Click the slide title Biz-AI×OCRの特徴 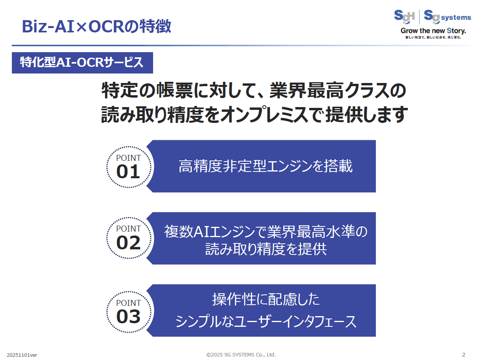tap(97, 26)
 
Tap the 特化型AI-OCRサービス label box tap(82, 63)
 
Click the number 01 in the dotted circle tap(128, 172)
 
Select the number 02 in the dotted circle tap(128, 243)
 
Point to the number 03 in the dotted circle tap(128, 317)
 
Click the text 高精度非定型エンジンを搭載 tap(265, 166)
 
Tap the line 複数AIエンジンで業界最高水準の tap(266, 232)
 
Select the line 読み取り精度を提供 tap(266, 249)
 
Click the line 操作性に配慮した tap(266, 300)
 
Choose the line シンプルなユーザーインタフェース tap(266, 322)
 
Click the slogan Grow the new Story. tap(433, 31)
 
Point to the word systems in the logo tap(456, 17)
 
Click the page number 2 tap(464, 354)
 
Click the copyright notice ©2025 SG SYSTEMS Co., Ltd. tap(241, 354)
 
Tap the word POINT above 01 tap(128, 158)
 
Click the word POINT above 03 tap(128, 303)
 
